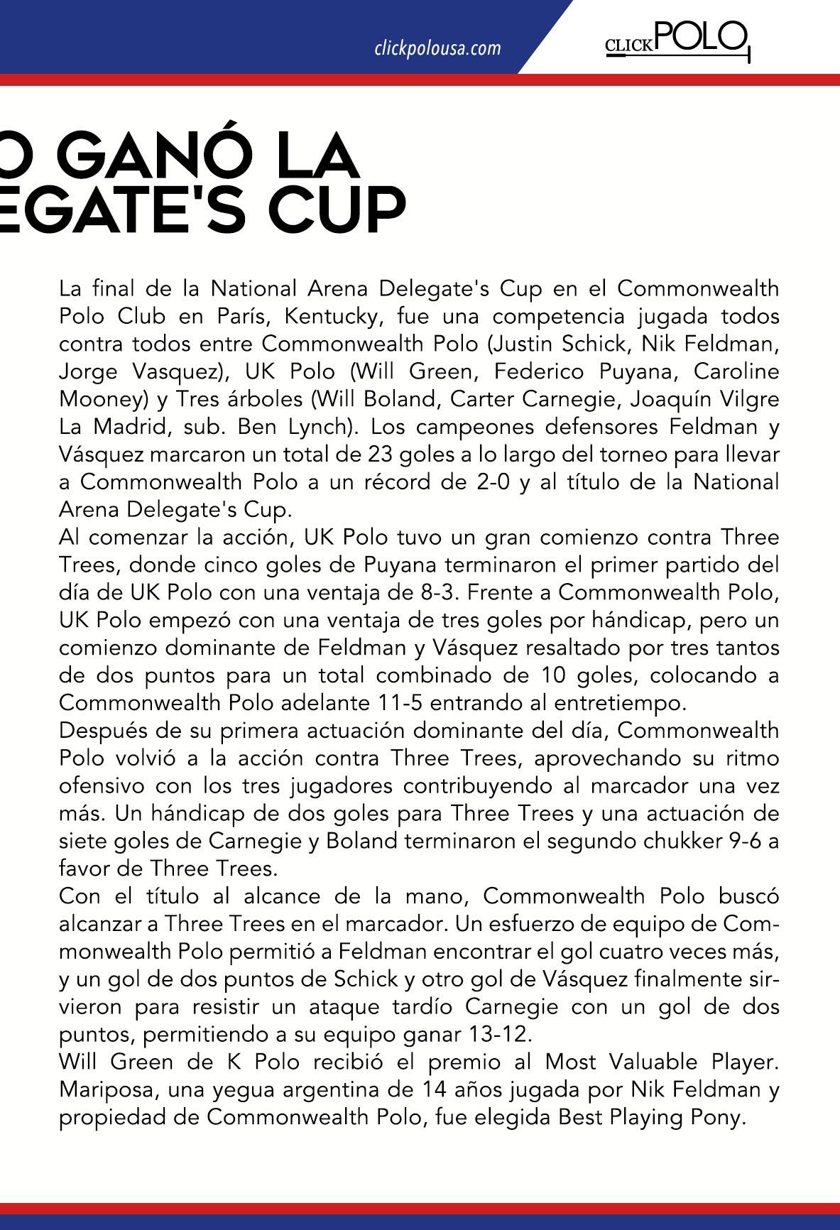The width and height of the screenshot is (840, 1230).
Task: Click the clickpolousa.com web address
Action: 437,48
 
